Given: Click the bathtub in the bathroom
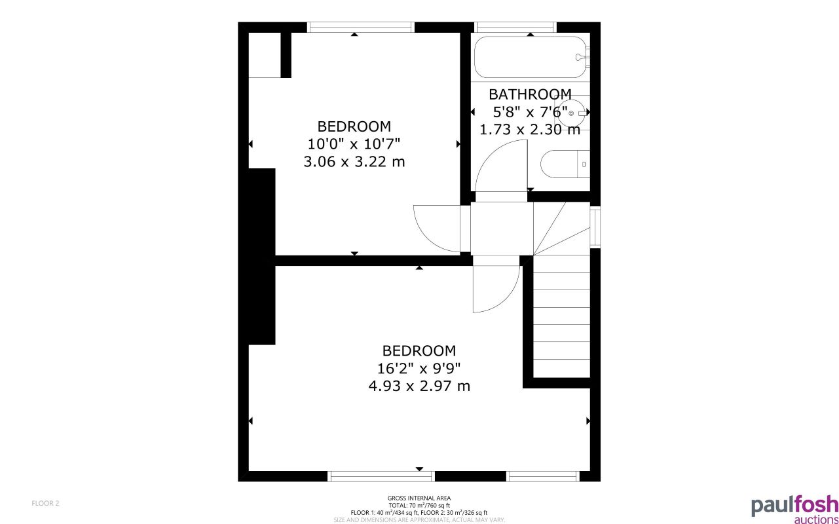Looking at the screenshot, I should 531,58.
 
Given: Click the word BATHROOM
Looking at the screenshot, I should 530,94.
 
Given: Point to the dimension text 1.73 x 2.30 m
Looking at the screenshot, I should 530,130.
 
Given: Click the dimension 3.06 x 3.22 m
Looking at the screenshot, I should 354,161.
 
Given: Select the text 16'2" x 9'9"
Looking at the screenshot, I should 419,368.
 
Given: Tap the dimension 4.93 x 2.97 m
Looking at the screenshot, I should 419,386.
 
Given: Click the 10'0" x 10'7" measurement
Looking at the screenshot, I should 354,143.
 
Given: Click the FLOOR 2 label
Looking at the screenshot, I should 46,503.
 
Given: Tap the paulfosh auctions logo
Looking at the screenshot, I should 794,509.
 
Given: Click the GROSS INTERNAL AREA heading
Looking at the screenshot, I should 419,498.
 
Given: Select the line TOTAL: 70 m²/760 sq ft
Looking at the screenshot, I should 419,506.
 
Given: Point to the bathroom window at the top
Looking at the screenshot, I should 515,27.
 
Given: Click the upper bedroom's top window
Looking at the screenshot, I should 361,27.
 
